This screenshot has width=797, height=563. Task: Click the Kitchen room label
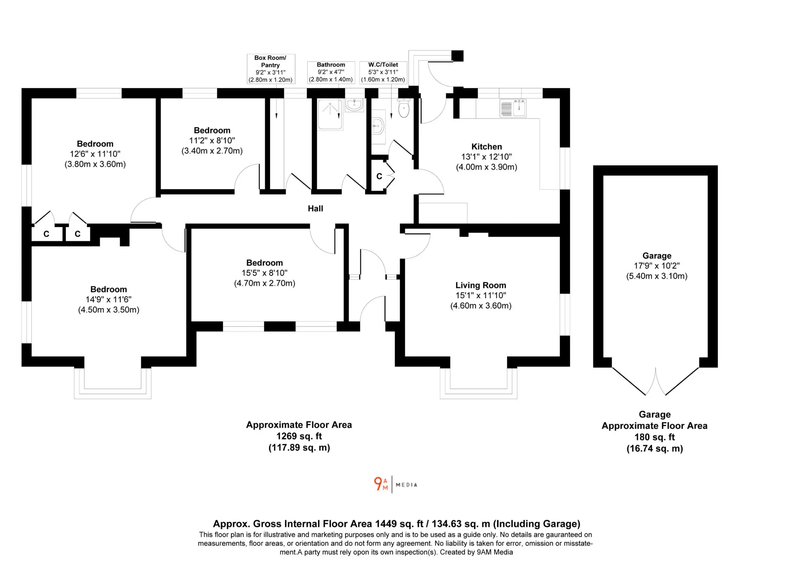pyautogui.click(x=486, y=147)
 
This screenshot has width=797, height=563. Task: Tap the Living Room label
pyautogui.click(x=481, y=285)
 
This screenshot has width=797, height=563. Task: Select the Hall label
pyautogui.click(x=315, y=209)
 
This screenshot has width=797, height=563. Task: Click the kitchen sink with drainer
pyautogui.click(x=513, y=108)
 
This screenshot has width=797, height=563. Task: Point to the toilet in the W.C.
pyautogui.click(x=404, y=108)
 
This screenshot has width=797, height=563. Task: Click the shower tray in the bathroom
pyautogui.click(x=330, y=114)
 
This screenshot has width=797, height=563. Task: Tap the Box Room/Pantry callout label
pyautogui.click(x=270, y=69)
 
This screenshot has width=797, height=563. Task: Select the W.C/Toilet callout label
pyautogui.click(x=383, y=72)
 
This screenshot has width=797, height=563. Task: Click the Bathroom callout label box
pyautogui.click(x=331, y=72)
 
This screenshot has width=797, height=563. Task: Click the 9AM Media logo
pyautogui.click(x=395, y=484)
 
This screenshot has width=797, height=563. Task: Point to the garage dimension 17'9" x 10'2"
pyautogui.click(x=657, y=266)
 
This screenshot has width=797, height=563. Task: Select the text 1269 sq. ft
pyautogui.click(x=299, y=436)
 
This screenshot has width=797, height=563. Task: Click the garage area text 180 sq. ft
pyautogui.click(x=655, y=437)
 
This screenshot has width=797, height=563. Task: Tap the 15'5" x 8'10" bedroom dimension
pyautogui.click(x=265, y=273)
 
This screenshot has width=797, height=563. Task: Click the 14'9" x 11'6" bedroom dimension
pyautogui.click(x=109, y=299)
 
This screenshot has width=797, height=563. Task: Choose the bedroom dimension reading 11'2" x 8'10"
pyautogui.click(x=212, y=140)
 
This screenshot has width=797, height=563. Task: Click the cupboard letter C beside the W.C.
pyautogui.click(x=379, y=177)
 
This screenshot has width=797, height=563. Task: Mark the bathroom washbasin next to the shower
pyautogui.click(x=354, y=105)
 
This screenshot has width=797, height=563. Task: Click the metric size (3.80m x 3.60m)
pyautogui.click(x=95, y=164)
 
